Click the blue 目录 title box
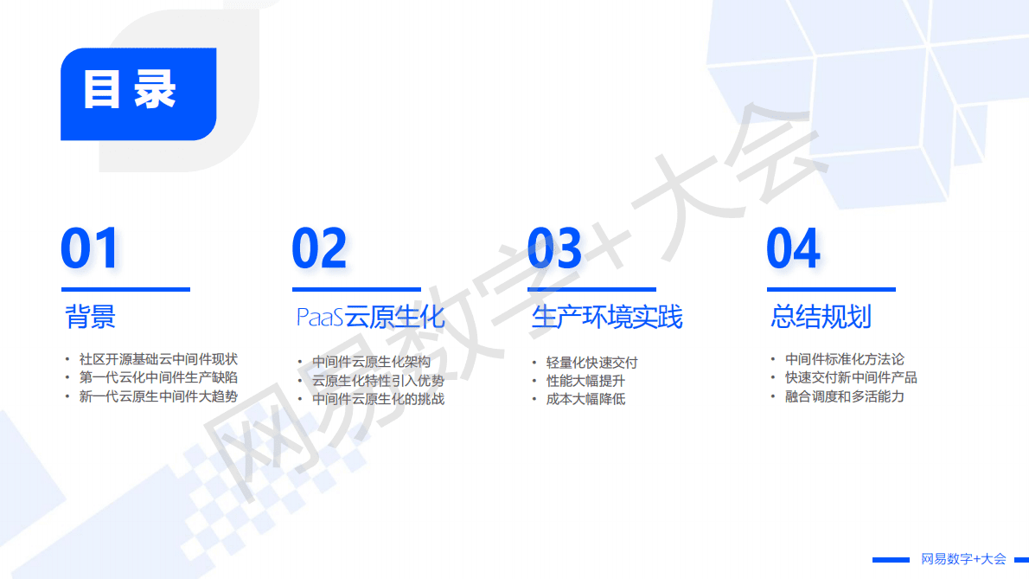point(137,93)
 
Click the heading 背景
point(90,317)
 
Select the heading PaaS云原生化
point(370,317)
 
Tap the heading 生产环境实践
point(606,317)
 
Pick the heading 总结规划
point(821,317)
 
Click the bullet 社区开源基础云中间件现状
point(157,358)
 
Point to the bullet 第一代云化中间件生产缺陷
point(157,377)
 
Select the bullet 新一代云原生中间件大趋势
point(157,396)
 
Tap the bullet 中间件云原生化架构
point(371,362)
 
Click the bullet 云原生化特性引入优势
point(378,381)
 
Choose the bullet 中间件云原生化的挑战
point(378,399)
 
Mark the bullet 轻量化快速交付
point(591,363)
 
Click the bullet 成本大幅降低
point(585,399)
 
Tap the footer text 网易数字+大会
point(963,559)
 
